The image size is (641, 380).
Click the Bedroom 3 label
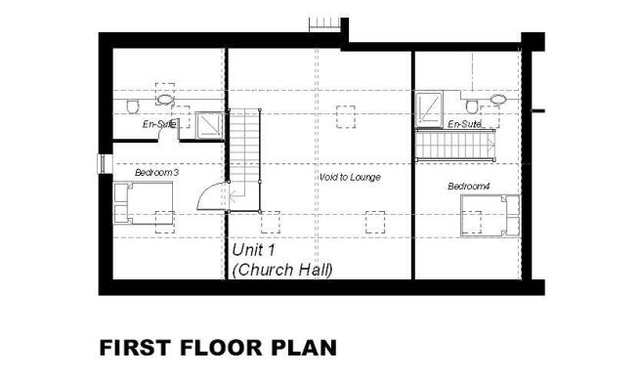pos(156,173)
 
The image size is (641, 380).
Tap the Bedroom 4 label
pos(469,187)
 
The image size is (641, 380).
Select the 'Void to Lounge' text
pos(350,177)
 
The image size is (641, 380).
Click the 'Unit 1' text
pos(253,250)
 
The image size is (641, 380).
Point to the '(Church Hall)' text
pos(282,270)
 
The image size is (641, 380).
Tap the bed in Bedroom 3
pos(143,203)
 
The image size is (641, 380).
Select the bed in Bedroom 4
pos(491,216)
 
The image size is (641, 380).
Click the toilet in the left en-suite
pos(133,106)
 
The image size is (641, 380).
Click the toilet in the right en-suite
pos(472,106)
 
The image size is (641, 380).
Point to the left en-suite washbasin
pos(165,100)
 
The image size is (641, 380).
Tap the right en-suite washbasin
pos(498,100)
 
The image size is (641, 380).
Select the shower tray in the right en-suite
pos(429,107)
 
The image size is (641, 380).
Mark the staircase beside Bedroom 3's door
pos(244,160)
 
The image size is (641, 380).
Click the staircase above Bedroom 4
pos(455,145)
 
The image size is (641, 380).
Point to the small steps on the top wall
pos(324,24)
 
